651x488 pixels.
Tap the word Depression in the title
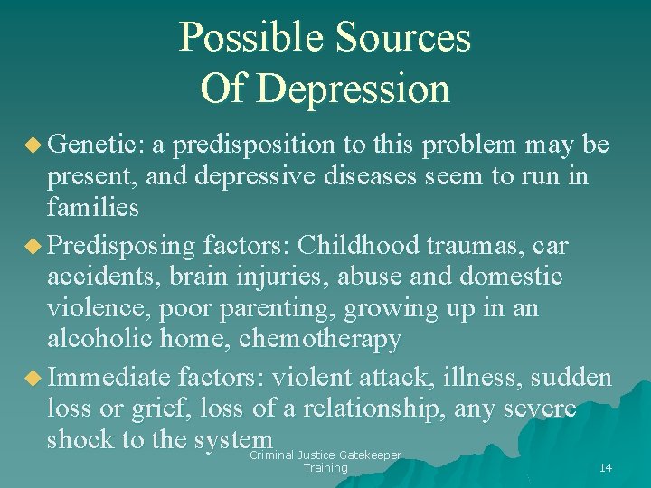coord(353,89)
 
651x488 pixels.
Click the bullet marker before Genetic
coord(36,145)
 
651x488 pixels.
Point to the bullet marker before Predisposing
coord(36,245)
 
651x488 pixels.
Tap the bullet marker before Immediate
coord(36,377)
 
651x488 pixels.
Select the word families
coord(92,209)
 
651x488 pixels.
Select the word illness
coord(467,376)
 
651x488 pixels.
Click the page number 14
coord(605,467)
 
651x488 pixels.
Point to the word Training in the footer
coord(325,468)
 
